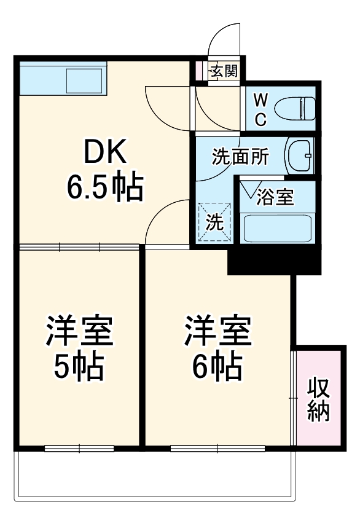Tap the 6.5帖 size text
click(x=104, y=188)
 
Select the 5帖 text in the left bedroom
click(x=79, y=367)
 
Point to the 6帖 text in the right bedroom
click(x=217, y=367)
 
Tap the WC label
click(x=260, y=109)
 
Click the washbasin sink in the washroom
click(x=300, y=156)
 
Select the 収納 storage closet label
click(x=319, y=399)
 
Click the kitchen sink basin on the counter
click(x=85, y=80)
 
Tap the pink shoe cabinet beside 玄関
click(x=199, y=71)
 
